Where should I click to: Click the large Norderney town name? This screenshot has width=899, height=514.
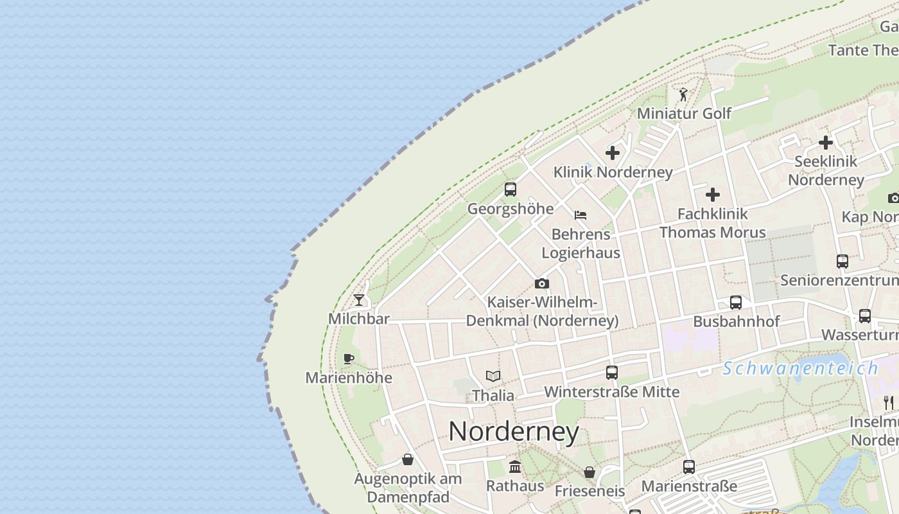pos(514,431)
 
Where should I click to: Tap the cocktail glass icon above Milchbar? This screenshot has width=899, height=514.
pos(359,300)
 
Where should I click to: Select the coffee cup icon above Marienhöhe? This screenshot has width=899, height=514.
pos(349,359)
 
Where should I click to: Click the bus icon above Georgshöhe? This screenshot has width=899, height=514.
pos(511,190)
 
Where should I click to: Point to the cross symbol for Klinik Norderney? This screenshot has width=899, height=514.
pos(613,153)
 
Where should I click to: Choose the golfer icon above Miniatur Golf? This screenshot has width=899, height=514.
pos(683,95)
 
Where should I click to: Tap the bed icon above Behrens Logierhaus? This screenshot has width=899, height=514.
pos(580,215)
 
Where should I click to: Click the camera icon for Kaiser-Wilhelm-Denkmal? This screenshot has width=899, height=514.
pos(542,283)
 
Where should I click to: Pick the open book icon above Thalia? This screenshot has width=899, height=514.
pos(493,376)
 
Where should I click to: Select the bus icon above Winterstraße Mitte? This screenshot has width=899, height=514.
pos(612,373)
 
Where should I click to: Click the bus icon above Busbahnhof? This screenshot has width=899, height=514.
pos(736,303)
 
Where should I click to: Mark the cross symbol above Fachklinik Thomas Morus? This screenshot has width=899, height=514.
pos(713,195)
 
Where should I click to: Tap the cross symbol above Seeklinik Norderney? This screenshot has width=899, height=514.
pos(826,143)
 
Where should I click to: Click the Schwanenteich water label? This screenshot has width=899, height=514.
pos(800,369)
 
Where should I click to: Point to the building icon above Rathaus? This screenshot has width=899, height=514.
pos(515,466)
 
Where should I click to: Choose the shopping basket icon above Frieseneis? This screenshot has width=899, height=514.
pos(589,473)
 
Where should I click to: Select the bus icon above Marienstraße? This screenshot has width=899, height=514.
pos(689,467)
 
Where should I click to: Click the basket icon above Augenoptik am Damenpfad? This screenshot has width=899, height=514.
pos(408,459)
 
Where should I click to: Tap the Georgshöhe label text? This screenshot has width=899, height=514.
pos(511,209)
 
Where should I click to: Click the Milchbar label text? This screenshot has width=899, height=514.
pos(359,319)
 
